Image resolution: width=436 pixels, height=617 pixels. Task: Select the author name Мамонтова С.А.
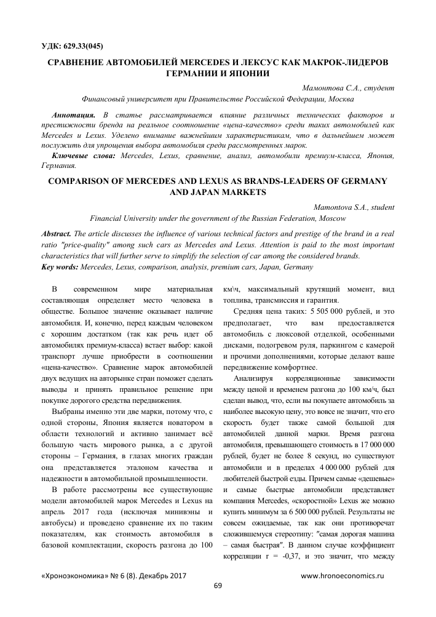tap(327, 88)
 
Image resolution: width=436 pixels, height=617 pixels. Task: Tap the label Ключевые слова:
tap(87, 157)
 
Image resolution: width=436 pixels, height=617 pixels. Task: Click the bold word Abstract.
tap(55, 235)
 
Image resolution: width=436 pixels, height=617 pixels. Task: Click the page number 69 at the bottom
tap(217, 585)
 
